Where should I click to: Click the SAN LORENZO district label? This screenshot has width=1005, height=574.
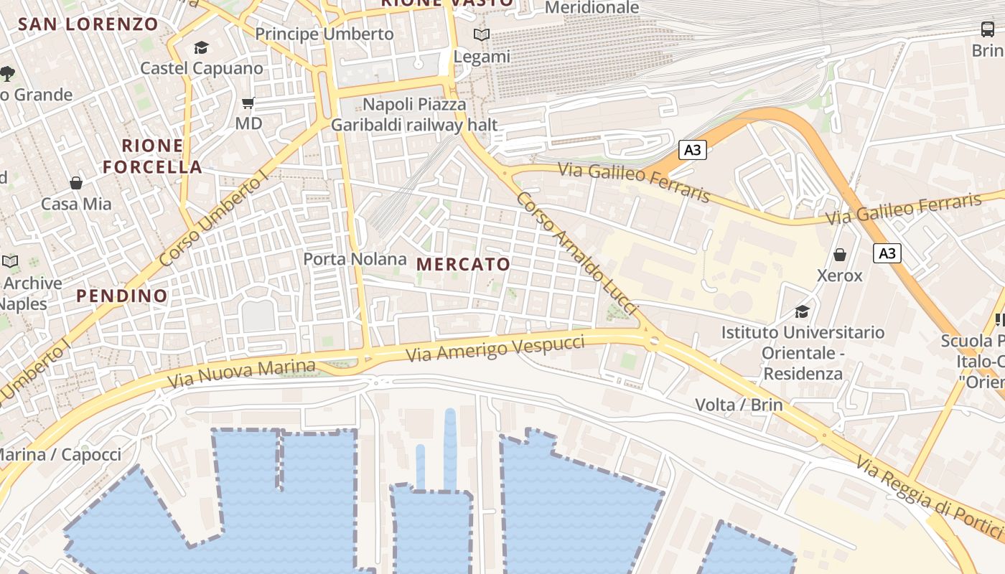click(88, 24)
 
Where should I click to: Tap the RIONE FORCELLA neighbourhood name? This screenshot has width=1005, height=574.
click(152, 156)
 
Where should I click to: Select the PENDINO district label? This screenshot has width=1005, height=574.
click(122, 296)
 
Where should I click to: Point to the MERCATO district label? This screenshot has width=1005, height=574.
click(464, 264)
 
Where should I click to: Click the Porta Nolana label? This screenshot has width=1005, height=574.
click(355, 259)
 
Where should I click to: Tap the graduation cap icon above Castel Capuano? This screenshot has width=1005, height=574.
click(201, 48)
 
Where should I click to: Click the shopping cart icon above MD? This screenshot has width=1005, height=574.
click(248, 103)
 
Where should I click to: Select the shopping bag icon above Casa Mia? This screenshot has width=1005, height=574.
click(76, 183)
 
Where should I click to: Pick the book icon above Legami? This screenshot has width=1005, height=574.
click(482, 34)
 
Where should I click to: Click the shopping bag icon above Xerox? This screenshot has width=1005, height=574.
click(840, 255)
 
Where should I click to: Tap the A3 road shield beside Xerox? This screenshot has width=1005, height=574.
click(887, 253)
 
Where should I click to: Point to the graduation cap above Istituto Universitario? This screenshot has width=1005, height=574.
click(802, 311)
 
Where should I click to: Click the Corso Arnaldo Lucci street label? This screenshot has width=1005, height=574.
click(577, 253)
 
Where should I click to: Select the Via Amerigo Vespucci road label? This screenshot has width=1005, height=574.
click(495, 348)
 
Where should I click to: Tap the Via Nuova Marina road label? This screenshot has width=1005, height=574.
click(241, 374)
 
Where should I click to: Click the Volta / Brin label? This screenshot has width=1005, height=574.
click(739, 405)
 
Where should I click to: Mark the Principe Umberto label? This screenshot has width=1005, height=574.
click(324, 34)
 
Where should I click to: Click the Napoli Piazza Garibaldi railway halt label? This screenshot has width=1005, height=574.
click(413, 115)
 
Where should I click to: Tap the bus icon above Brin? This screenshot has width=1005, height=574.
click(988, 29)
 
